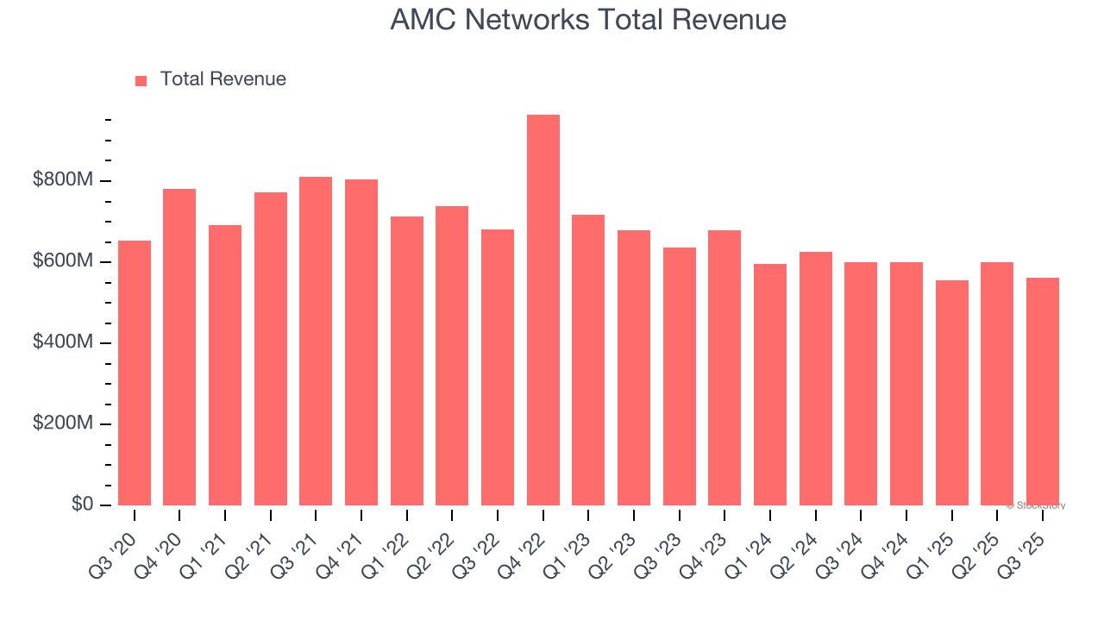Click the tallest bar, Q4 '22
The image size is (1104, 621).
tap(543, 310)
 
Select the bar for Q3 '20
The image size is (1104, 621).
tap(135, 373)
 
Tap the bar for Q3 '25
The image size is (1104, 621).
tap(1043, 392)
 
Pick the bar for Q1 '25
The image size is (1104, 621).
tap(952, 392)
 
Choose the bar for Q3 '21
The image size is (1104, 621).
tap(316, 341)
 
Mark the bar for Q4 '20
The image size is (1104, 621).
tap(179, 347)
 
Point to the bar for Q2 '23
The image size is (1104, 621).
tap(634, 367)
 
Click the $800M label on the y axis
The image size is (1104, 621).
tap(63, 180)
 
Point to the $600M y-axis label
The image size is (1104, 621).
tap(63, 261)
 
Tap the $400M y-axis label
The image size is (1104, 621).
tap(63, 342)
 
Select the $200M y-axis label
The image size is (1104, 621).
tap(63, 423)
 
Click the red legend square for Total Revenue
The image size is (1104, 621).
tap(141, 80)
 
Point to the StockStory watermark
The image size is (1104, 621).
tap(1036, 505)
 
